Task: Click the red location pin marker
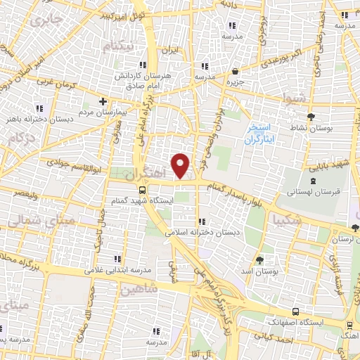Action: [x=181, y=166]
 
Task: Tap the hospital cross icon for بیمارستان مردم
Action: [x=103, y=101]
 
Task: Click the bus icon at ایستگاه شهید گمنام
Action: [x=143, y=190]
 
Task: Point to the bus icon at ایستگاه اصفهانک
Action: [x=295, y=311]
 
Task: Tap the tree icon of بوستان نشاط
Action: [x=311, y=117]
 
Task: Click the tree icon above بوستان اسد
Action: [x=259, y=259]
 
